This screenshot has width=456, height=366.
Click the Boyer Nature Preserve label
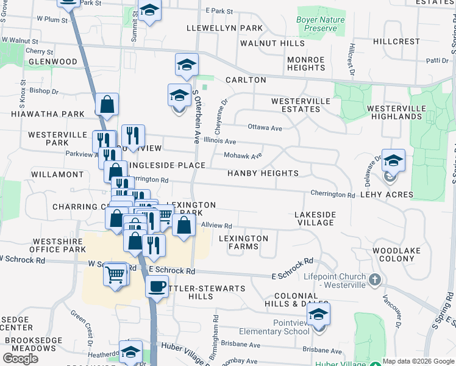[320, 24]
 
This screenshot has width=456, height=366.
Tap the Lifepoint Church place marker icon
[375, 279]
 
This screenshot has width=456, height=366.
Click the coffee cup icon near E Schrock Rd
[157, 286]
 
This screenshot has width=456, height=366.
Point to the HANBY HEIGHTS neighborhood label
[263, 173]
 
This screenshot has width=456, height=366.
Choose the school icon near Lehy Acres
[393, 161]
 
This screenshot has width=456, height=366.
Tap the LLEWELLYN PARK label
[225, 28]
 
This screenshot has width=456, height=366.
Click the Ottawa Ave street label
[265, 127]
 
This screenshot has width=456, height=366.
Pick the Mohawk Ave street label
[243, 156]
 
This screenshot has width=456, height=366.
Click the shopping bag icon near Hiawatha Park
[107, 105]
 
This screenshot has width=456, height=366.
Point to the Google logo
[20, 358]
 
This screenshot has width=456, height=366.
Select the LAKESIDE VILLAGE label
[315, 218]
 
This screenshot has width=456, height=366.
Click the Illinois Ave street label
[220, 140]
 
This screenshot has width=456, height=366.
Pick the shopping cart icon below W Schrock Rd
[115, 274]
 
